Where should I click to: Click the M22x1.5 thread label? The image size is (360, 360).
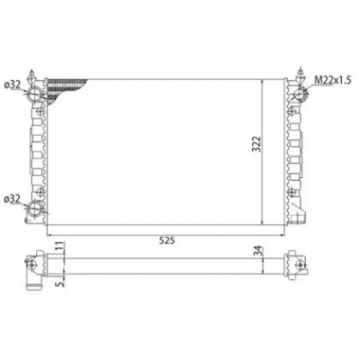[333, 80]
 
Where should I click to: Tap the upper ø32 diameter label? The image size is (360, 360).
[12, 85]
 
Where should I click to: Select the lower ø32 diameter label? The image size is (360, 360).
[12, 199]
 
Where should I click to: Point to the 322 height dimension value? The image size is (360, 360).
[256, 145]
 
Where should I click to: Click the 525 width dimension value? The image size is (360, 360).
[166, 240]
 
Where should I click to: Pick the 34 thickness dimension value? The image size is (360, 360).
[258, 251]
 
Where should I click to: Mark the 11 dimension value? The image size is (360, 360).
[60, 246]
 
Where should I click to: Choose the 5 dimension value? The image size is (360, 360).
[60, 283]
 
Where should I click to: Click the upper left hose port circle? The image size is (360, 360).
[35, 94]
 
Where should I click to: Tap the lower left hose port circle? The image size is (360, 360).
[35, 208]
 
